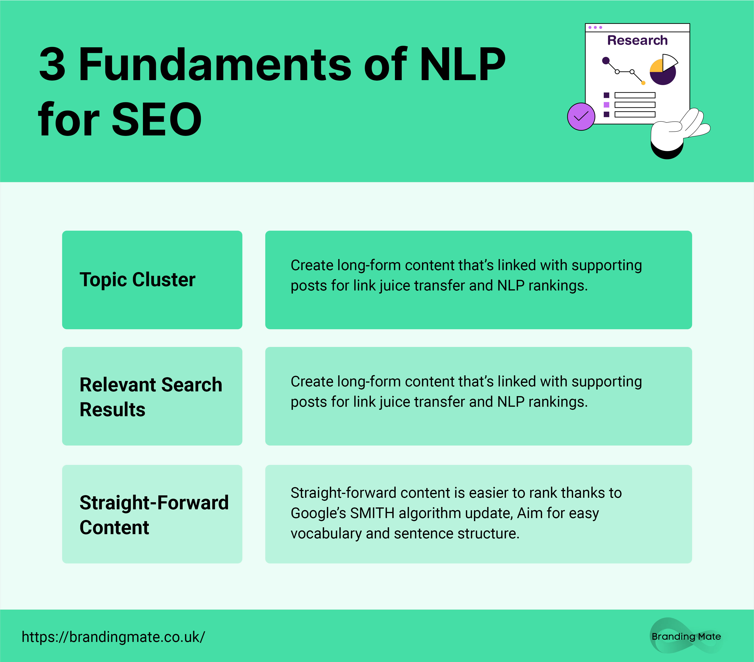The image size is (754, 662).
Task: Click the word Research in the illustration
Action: pyautogui.click(x=638, y=40)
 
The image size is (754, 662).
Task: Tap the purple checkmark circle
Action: pyautogui.click(x=581, y=117)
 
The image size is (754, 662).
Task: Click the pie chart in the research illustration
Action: pyautogui.click(x=664, y=69)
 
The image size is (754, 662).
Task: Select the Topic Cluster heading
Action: pyautogui.click(x=137, y=279)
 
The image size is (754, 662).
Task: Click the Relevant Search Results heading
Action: pyautogui.click(x=151, y=397)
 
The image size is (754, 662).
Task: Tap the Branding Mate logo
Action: pyautogui.click(x=686, y=636)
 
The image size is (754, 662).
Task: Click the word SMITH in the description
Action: pyautogui.click(x=372, y=513)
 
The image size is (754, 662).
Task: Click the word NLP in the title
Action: pyautogui.click(x=463, y=64)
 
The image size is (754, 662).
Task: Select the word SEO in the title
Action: pyautogui.click(x=157, y=119)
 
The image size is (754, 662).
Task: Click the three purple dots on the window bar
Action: pyautogui.click(x=595, y=27)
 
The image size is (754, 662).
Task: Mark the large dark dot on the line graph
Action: pyautogui.click(x=606, y=61)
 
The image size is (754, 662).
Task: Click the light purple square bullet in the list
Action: pyautogui.click(x=606, y=105)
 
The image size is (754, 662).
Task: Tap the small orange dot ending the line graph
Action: pyautogui.click(x=643, y=83)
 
